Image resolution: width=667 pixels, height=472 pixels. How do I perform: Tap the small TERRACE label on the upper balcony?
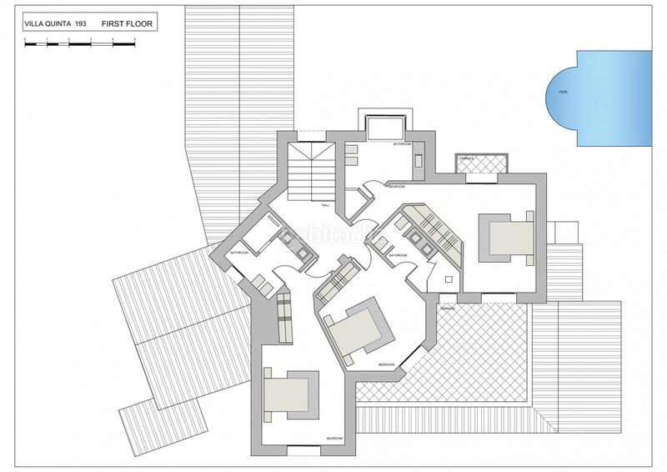(466, 158)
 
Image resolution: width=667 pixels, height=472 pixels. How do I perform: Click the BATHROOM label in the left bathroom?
(240, 252)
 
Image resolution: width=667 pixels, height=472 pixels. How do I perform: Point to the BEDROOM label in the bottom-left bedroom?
(333, 438)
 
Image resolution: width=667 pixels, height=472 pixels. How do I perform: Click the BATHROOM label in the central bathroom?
(398, 255)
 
